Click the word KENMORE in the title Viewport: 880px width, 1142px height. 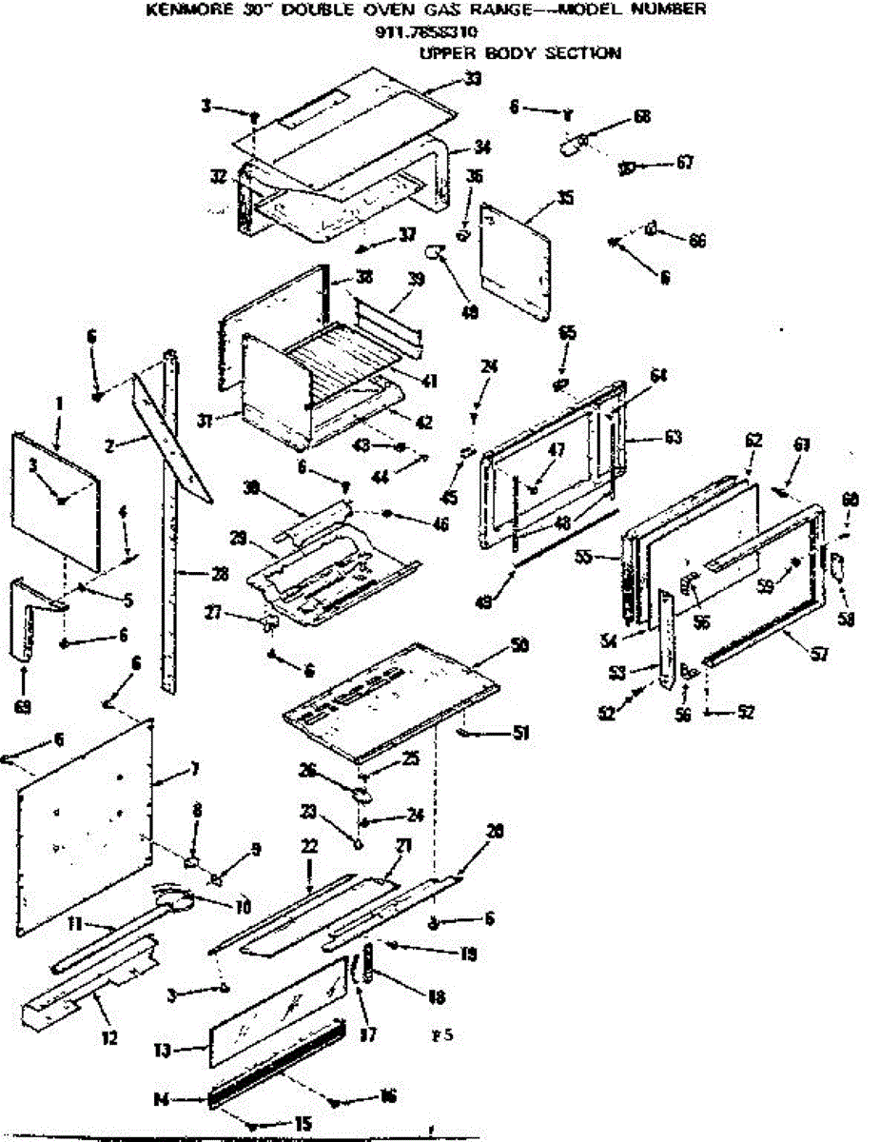click(185, 10)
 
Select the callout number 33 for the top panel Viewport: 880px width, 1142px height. click(473, 79)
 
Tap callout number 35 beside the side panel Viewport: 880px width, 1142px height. click(566, 199)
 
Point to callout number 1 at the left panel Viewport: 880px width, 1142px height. click(59, 404)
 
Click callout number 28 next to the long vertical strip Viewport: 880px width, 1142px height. click(196, 573)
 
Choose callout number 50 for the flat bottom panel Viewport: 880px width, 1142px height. click(519, 644)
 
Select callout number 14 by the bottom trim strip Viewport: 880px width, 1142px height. click(161, 1098)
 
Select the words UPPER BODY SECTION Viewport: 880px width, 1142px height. click(519, 53)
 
